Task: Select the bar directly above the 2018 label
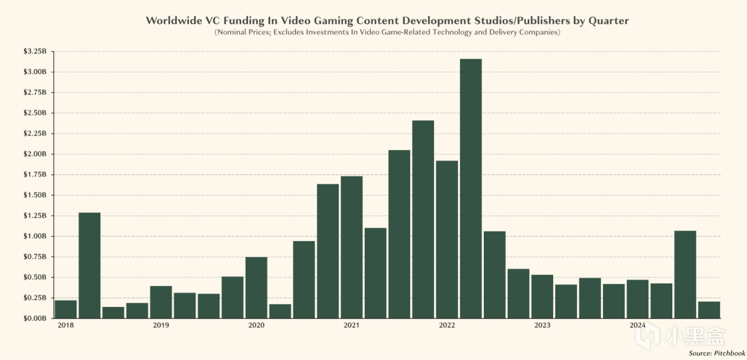pos(65,309)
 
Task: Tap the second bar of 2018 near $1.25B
pos(89,265)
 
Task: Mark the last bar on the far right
pos(708,310)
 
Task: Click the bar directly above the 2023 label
pos(542,296)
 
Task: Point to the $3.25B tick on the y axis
pos(34,51)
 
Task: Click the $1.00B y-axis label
pos(34,236)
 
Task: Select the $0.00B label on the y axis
pos(34,319)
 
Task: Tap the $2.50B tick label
pos(34,113)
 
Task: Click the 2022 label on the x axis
pos(447,325)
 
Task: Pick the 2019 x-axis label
pos(161,325)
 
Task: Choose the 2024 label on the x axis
pos(637,325)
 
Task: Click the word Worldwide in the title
pos(172,21)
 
